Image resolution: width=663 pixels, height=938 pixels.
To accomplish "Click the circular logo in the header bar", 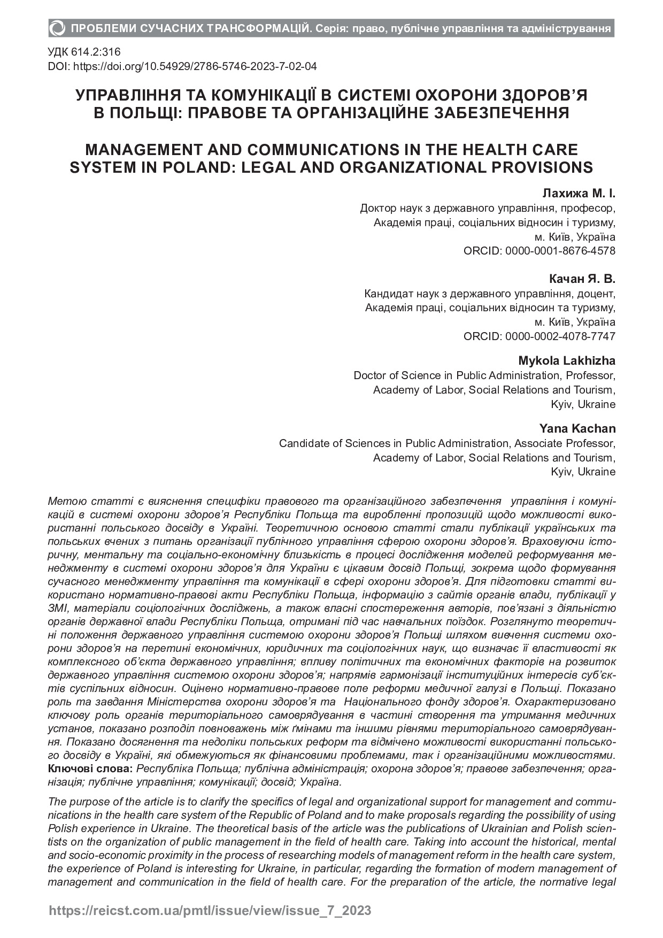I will pos(57,28).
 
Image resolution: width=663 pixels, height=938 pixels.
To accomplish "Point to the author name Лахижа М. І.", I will pos(579,193).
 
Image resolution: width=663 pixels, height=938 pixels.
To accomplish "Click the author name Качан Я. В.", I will pos(582,279).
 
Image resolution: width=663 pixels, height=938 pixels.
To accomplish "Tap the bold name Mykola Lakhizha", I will pos(567,360).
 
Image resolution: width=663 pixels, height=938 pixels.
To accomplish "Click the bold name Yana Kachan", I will pos(577,428).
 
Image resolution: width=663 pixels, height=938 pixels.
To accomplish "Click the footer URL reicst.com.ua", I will pos(210,910).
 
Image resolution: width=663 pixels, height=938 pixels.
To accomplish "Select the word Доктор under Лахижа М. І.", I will pos(378,208).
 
